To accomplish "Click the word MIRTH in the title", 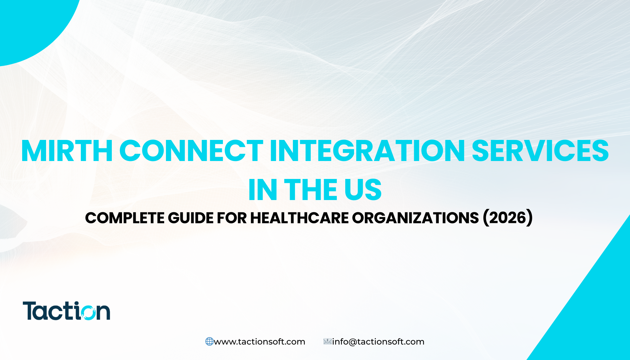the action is coord(67,151).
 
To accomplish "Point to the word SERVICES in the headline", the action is coord(540,151).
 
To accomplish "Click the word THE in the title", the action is coord(311,190).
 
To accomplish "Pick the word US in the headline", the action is coord(363,190).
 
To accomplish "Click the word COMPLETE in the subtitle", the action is coord(125,218).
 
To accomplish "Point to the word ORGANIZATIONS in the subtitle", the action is coord(415,218).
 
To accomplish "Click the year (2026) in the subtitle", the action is coord(508,218).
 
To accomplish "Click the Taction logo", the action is coord(66,311).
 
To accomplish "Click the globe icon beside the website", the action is coord(210,341).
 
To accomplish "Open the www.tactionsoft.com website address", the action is coord(259,342).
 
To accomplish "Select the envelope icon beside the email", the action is coord(328,341).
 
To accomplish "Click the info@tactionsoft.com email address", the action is coord(378,342).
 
